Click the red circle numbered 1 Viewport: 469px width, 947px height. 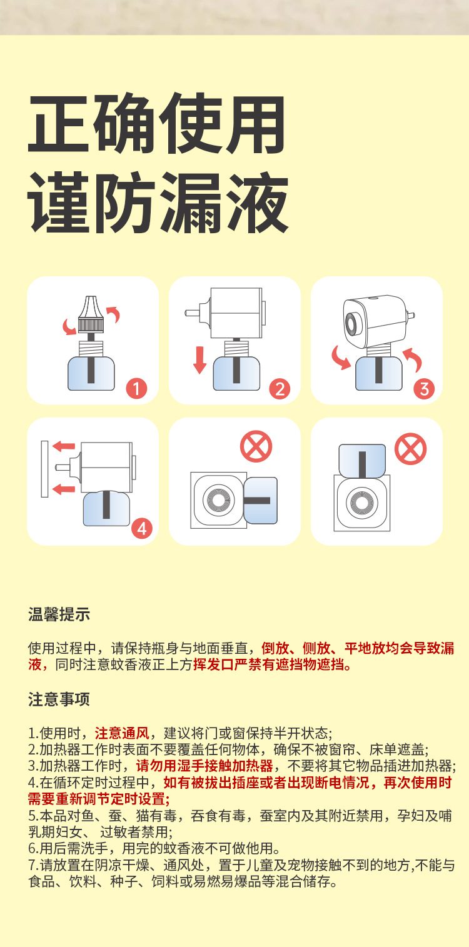[x=136, y=389]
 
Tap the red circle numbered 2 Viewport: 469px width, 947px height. [x=279, y=389]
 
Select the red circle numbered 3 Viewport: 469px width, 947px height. [x=423, y=389]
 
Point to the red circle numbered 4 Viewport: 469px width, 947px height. [x=141, y=529]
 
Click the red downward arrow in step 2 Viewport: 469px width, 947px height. [x=199, y=360]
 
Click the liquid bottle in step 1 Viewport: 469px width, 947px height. [x=91, y=373]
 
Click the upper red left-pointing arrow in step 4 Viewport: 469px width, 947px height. [x=63, y=446]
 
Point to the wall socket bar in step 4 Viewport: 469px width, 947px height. [x=44, y=469]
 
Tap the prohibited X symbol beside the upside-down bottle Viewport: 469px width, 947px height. [x=410, y=449]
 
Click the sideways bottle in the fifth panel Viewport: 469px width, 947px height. [x=260, y=500]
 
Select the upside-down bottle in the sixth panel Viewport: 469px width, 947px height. [x=361, y=461]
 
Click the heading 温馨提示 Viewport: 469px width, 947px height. [x=59, y=614]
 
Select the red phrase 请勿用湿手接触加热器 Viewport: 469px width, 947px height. [x=204, y=766]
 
